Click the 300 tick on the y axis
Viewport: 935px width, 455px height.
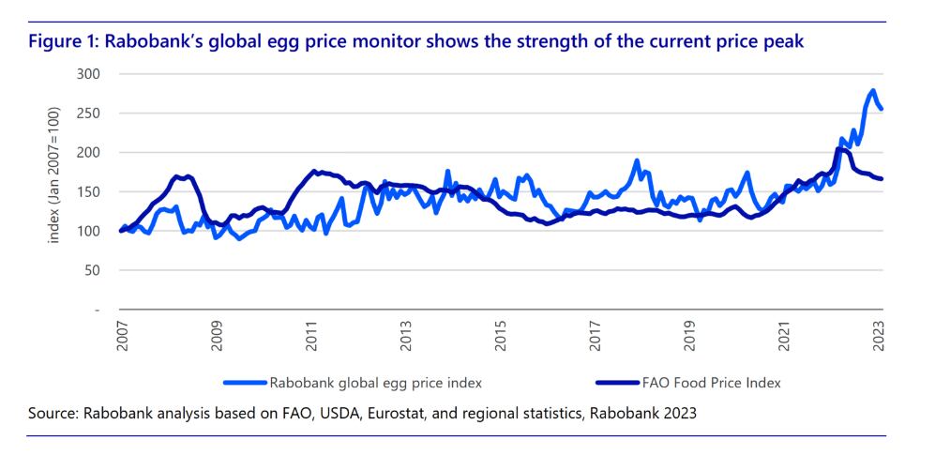click(x=90, y=73)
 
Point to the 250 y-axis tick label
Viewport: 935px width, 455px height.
click(x=90, y=113)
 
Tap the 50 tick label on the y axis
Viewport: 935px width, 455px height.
click(x=94, y=270)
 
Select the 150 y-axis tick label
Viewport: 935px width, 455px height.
click(x=90, y=191)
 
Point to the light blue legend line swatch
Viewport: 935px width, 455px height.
click(x=246, y=383)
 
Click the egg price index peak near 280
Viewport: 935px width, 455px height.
click(x=873, y=91)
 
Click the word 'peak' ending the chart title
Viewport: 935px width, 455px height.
click(x=786, y=44)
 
